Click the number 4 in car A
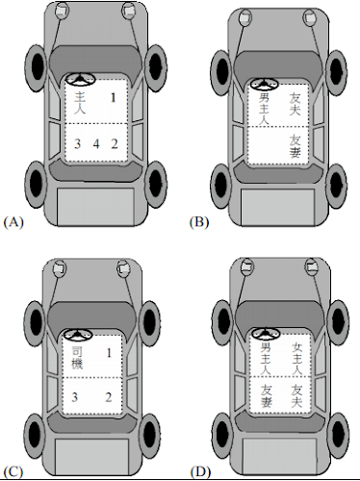(96, 144)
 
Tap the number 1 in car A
(113, 97)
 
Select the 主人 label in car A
(80, 103)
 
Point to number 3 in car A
(77, 144)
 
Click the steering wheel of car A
(80, 80)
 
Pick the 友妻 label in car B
(295, 146)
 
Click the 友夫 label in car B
(295, 104)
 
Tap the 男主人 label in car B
(264, 110)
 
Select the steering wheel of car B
(264, 85)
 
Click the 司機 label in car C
(77, 358)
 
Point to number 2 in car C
(109, 397)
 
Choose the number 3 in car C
(74, 397)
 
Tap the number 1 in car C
(109, 353)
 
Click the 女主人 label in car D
(297, 359)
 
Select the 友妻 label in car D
(266, 396)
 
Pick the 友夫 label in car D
(297, 396)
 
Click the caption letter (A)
(13, 222)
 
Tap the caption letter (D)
(200, 472)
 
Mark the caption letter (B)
(199, 222)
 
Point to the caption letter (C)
(13, 472)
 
